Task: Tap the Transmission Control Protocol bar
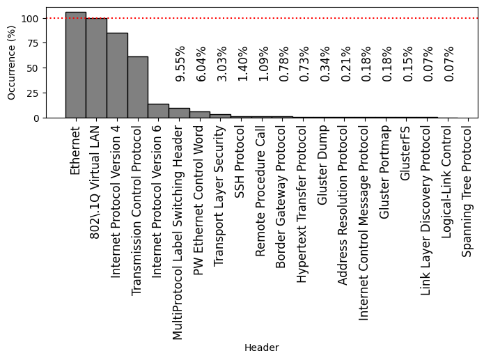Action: [137, 87]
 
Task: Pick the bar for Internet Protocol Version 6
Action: [158, 111]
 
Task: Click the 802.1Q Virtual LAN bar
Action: [96, 68]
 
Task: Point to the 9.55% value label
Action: [180, 64]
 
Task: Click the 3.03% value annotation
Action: [222, 64]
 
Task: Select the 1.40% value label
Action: [242, 64]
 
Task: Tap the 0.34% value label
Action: [325, 64]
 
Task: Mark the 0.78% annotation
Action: [284, 64]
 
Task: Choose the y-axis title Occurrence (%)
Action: [11, 63]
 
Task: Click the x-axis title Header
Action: [261, 347]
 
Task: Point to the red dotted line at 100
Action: [279, 18]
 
